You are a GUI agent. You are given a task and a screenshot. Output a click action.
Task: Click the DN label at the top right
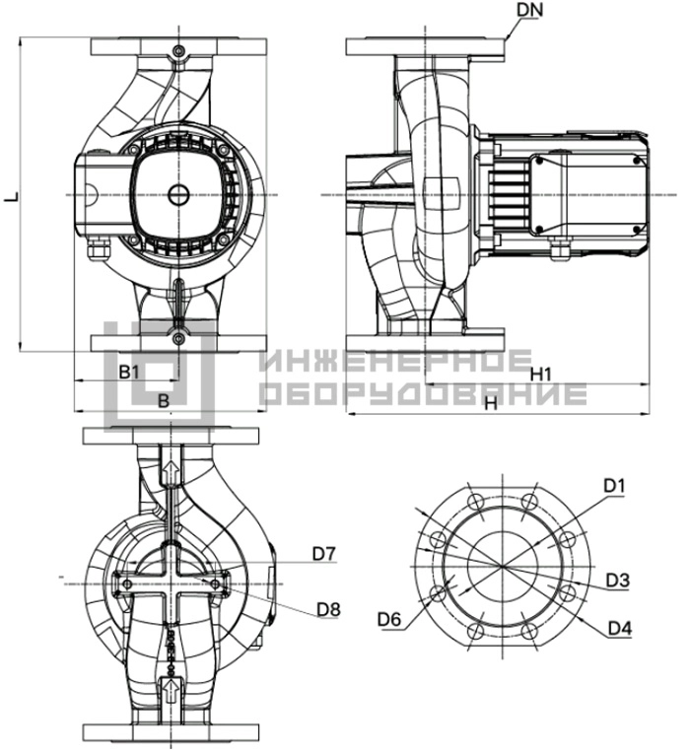click(x=529, y=10)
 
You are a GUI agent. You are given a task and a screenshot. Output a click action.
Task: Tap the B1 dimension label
click(x=129, y=372)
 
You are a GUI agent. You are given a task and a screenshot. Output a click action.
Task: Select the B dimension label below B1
click(x=164, y=400)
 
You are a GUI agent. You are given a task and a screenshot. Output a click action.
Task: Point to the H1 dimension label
click(x=541, y=375)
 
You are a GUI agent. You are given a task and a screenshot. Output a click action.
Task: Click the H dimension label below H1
click(x=490, y=403)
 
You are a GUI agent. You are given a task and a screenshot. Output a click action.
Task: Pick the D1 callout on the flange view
click(x=614, y=487)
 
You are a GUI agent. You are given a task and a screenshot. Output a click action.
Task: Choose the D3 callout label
click(x=617, y=581)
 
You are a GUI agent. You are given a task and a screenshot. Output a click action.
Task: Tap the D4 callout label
click(x=620, y=628)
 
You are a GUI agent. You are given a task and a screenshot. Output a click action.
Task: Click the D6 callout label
click(x=389, y=619)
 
